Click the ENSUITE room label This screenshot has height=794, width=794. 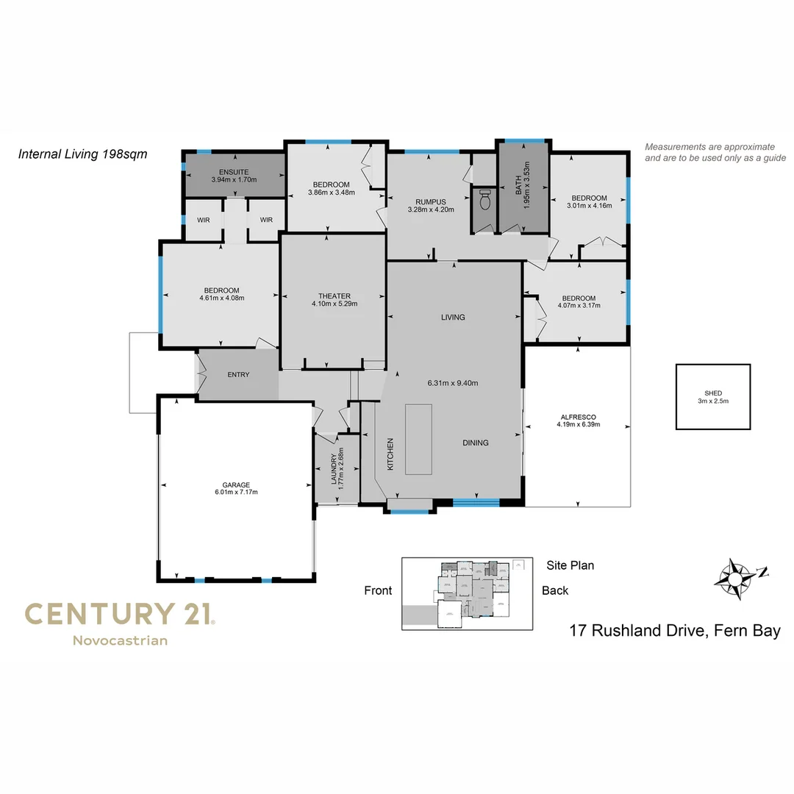pos(233,171)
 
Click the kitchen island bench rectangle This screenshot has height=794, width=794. pos(420,439)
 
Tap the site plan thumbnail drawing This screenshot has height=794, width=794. pos(468,593)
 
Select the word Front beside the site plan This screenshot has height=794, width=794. pos(378,590)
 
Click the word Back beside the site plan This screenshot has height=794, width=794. pos(555,590)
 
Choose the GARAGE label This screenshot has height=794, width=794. pos(237,484)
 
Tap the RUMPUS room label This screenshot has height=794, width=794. pos(431,201)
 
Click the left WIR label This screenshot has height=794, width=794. pos(203,220)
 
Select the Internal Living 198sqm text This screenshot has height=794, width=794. pos(82,154)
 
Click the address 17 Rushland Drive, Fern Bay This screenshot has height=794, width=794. pos(675,630)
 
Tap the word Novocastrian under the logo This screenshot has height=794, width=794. pos(120,640)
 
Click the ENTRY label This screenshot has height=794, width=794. pos(238,375)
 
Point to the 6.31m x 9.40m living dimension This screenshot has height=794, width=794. pos(453,383)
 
